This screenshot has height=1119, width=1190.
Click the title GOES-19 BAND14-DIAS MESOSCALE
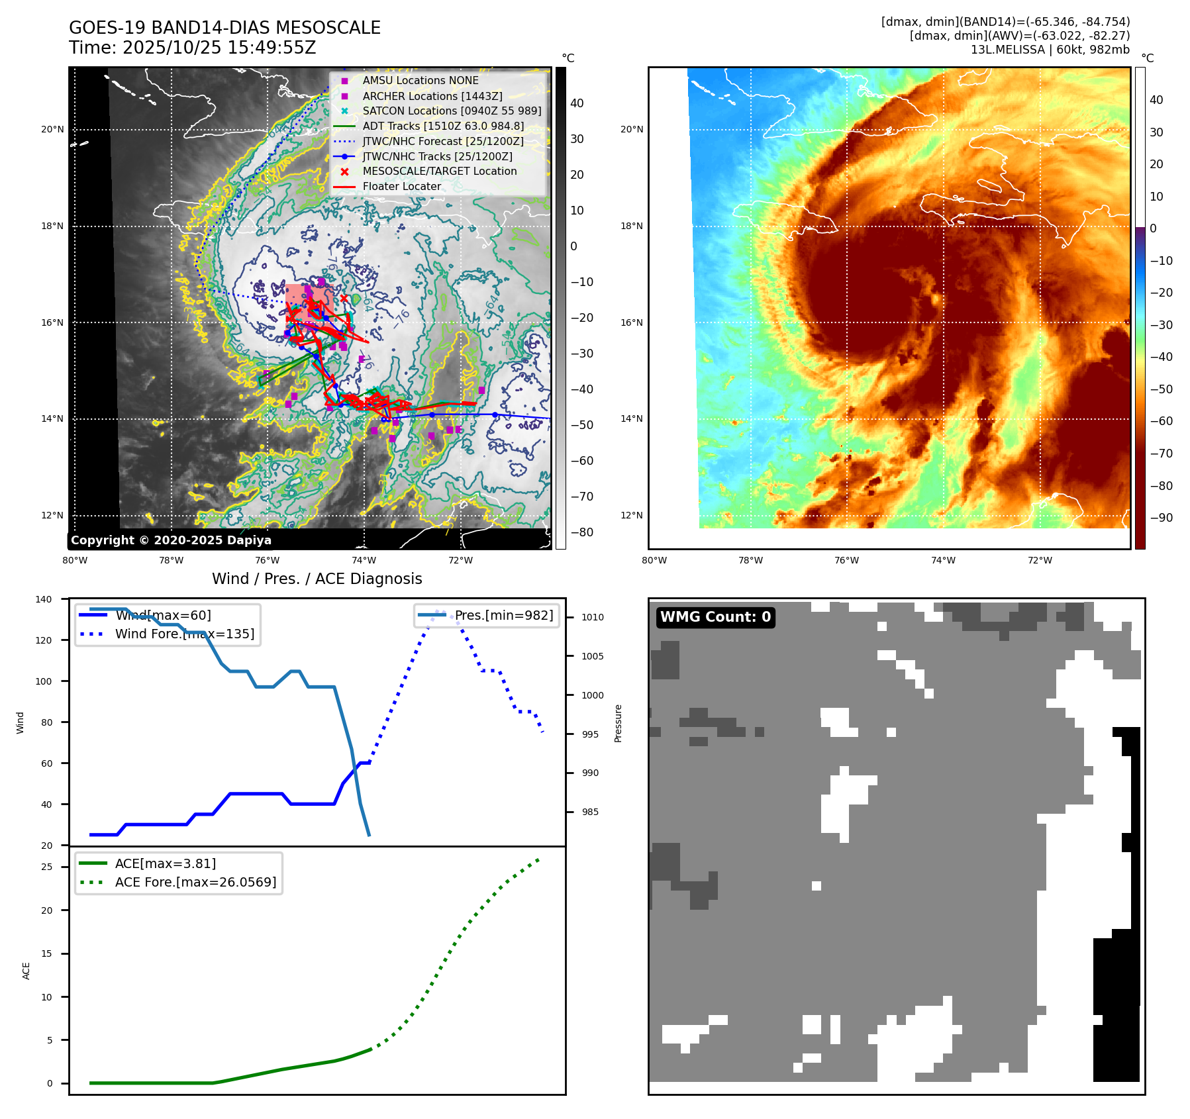[x=224, y=28]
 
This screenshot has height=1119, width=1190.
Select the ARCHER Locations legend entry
[x=432, y=96]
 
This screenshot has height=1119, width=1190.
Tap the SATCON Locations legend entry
[x=452, y=111]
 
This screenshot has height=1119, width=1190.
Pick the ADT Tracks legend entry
[x=442, y=126]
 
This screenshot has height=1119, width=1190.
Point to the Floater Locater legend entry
[x=401, y=186]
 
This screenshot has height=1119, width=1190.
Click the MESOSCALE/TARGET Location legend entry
[x=439, y=171]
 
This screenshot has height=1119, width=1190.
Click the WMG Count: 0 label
[x=715, y=617]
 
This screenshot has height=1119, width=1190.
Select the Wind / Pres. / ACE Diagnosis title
[x=317, y=579]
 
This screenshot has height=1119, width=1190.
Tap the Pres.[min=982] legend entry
[x=503, y=615]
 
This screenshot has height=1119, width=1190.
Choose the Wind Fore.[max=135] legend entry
[x=184, y=634]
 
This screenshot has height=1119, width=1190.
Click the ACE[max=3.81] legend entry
[x=165, y=863]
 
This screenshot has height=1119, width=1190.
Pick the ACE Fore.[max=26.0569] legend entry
[x=195, y=882]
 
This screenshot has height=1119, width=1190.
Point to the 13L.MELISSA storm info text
[x=1050, y=50]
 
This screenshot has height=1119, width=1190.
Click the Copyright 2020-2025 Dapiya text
[x=171, y=540]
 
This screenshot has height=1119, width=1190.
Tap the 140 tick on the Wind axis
[x=44, y=599]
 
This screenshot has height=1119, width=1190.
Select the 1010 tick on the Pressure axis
[x=593, y=617]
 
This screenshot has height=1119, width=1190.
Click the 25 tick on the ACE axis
[x=46, y=867]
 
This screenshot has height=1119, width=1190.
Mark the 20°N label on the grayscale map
[x=52, y=129]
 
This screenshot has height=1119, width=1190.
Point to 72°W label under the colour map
[x=1040, y=560]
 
